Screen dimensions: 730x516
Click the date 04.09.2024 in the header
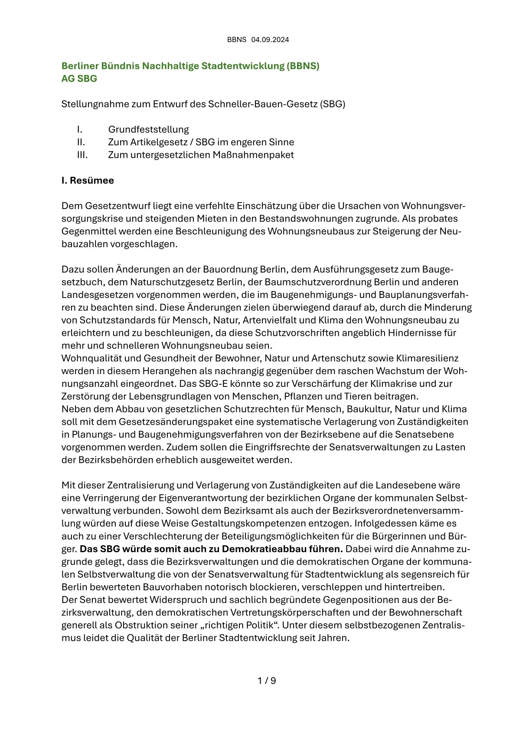coord(270,39)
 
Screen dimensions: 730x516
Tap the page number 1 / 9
coord(267,681)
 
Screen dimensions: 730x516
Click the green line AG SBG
coord(79,79)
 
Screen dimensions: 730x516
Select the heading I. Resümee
coord(88,180)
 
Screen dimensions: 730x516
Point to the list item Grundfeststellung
coord(149,129)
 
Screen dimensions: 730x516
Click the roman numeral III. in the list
coord(82,155)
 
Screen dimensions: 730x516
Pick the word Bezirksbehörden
coord(113,460)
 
